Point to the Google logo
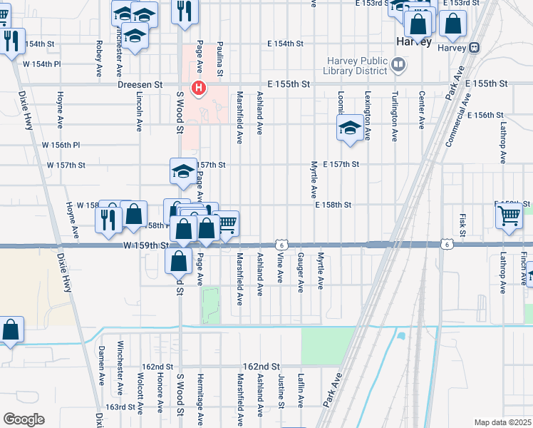click(23, 419)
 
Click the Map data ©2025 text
click(503, 422)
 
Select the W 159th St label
click(145, 245)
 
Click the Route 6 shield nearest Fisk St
click(446, 245)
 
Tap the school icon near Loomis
click(349, 128)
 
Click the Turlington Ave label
click(393, 109)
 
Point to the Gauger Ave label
click(301, 272)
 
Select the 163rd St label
click(120, 407)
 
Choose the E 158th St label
click(333, 205)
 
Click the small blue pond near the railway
click(400, 335)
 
